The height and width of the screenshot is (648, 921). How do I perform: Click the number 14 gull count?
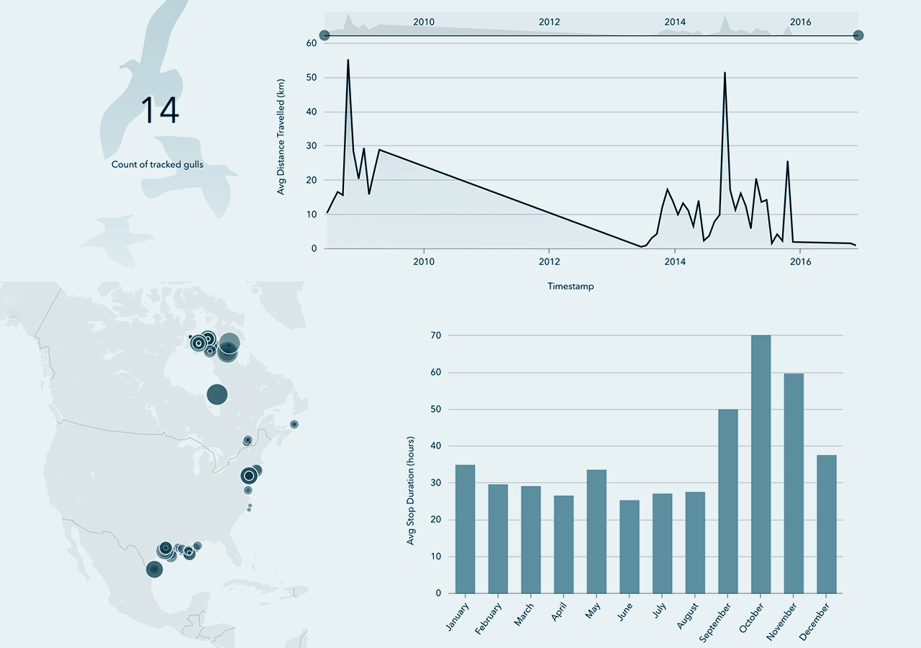pos(159,110)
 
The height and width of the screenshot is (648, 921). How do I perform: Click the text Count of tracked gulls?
pos(157,165)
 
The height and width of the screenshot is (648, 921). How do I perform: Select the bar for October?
pos(761,464)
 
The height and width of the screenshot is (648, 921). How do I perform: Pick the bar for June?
pos(630,546)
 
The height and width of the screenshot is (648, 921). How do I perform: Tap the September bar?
pos(727,501)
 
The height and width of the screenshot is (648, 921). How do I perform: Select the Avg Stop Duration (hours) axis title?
pos(411,490)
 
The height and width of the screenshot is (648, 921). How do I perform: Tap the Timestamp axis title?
pos(571,287)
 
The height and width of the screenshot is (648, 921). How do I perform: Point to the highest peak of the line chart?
pos(348,60)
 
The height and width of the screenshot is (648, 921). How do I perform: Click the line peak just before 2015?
pos(725,73)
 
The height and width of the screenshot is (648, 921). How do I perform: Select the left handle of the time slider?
pos(325,35)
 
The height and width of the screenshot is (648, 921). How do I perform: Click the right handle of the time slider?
pos(858,35)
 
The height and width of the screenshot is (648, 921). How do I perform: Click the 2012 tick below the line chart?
pos(549,261)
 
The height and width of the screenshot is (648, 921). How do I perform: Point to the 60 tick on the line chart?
pos(311,43)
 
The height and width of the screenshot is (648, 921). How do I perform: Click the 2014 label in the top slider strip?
pos(675,22)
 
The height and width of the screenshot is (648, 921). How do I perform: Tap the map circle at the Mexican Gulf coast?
pos(154,570)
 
